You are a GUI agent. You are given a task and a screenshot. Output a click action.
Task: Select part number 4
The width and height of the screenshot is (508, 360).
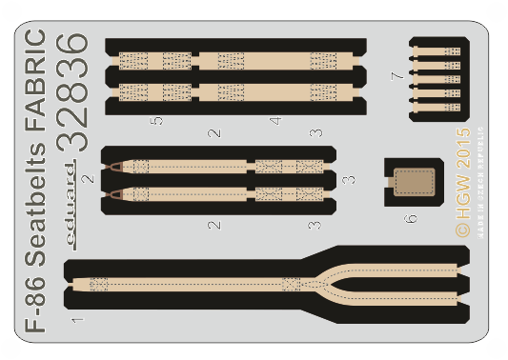[274, 121]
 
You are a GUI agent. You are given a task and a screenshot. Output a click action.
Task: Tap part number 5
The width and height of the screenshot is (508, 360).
[157, 121]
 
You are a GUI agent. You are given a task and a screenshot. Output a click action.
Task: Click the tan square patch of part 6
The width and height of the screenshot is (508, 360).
[412, 181]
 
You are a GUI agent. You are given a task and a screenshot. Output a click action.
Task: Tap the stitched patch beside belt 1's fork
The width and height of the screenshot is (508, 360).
[292, 284]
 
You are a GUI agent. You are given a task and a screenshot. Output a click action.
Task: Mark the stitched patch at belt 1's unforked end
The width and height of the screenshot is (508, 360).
[99, 283]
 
